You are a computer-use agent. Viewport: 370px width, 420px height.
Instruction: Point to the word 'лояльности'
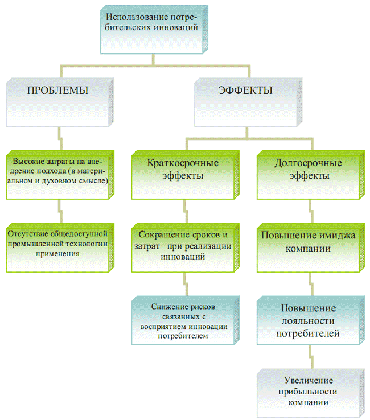pyautogui.click(x=307, y=320)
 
